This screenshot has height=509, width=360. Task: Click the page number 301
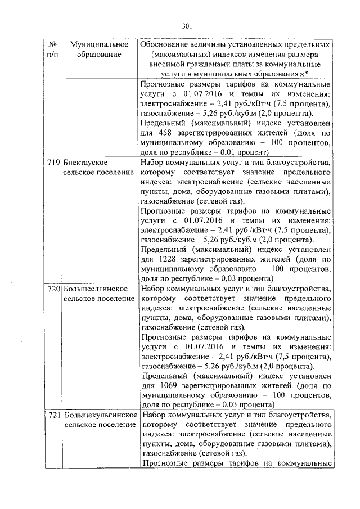pyautogui.click(x=188, y=25)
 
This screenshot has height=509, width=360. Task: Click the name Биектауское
pyautogui.click(x=85, y=163)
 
